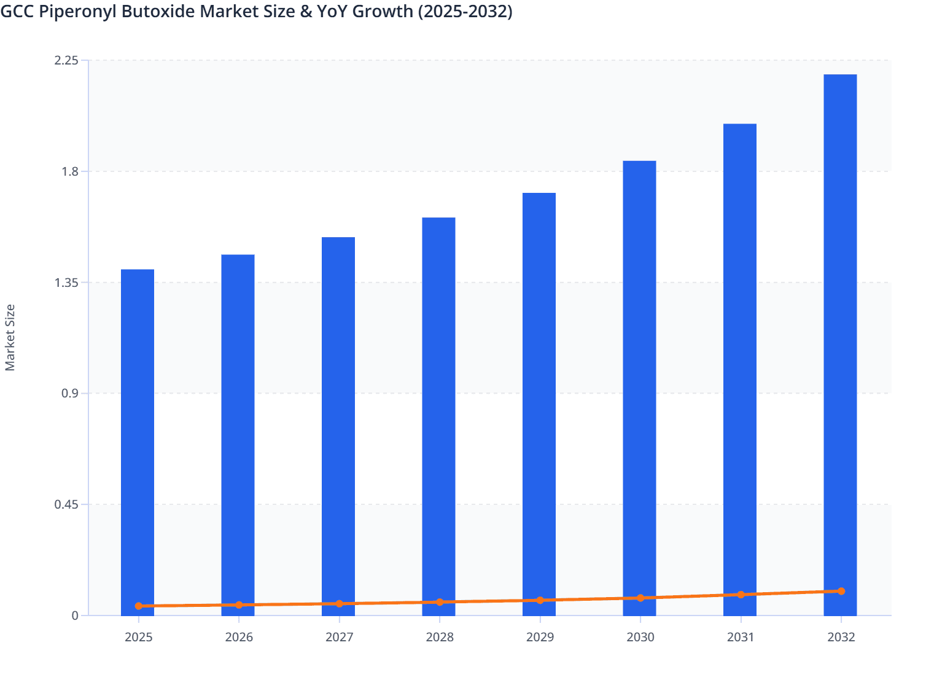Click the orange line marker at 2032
tap(841, 591)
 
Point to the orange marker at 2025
tap(139, 606)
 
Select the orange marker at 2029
tap(540, 600)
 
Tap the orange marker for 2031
tap(741, 595)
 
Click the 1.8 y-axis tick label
tap(70, 171)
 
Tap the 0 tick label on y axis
tap(75, 616)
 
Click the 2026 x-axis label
tap(239, 637)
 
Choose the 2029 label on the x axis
tap(540, 637)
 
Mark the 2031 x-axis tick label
tap(741, 637)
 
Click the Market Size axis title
tap(10, 338)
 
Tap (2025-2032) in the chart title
tap(465, 11)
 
